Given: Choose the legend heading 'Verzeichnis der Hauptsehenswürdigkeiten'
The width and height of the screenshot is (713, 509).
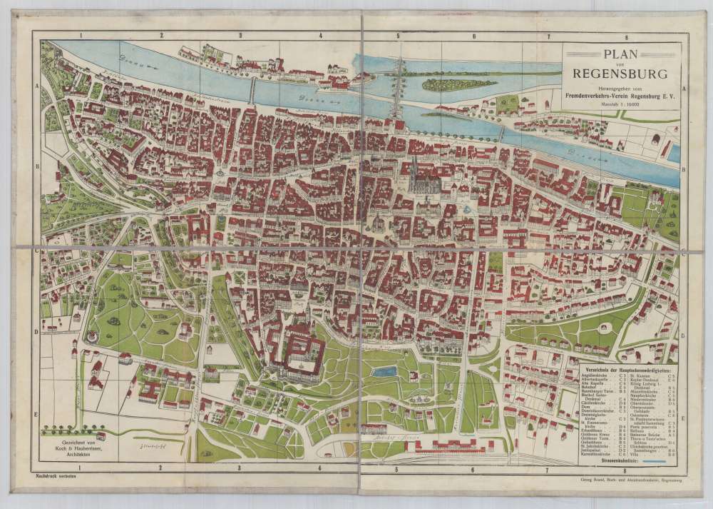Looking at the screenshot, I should coord(630,368).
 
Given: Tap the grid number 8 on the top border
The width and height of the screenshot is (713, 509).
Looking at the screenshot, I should coord(625,35).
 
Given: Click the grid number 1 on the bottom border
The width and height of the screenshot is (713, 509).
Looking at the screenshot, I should coord(81,469).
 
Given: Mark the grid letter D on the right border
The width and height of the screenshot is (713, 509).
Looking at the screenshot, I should coord(682,334).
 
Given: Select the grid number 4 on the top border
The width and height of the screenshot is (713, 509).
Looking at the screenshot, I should coord(320,35).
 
